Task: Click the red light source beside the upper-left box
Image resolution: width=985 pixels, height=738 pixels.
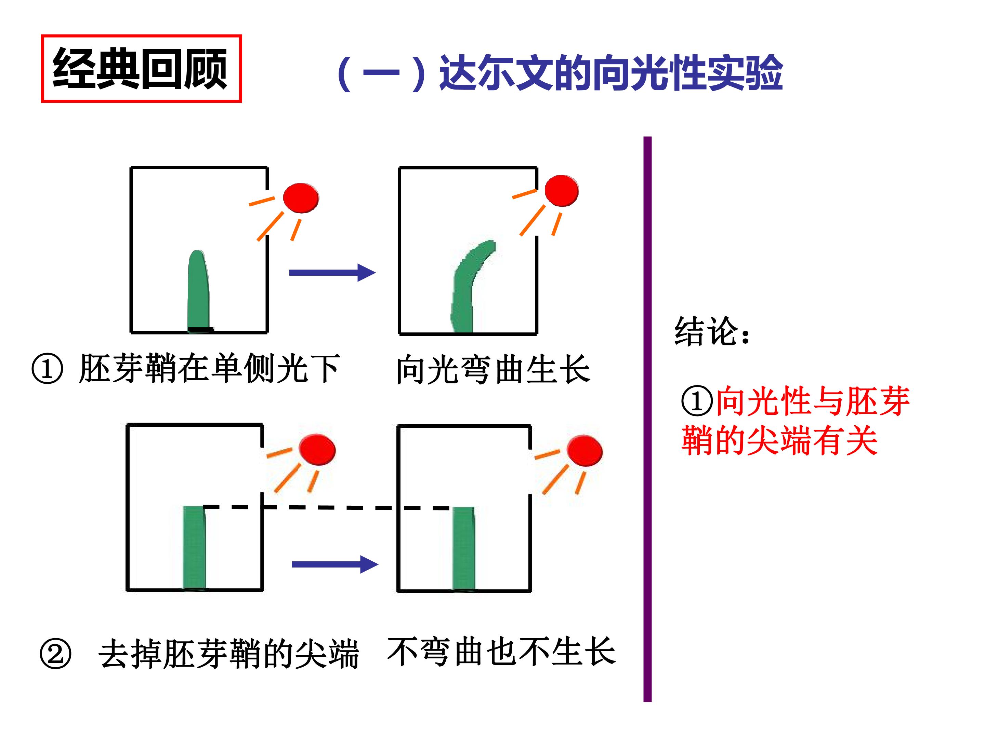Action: pyautogui.click(x=301, y=198)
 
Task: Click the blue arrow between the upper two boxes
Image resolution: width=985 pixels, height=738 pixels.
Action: pyautogui.click(x=332, y=273)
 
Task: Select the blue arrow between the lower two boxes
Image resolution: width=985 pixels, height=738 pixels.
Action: pyautogui.click(x=335, y=564)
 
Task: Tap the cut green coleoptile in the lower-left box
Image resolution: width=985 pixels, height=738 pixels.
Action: pyautogui.click(x=195, y=548)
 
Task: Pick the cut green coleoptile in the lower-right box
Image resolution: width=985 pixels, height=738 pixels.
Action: pyautogui.click(x=463, y=549)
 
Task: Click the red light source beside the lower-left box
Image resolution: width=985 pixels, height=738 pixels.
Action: pyautogui.click(x=317, y=449)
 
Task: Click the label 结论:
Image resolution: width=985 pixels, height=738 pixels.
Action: pyautogui.click(x=712, y=331)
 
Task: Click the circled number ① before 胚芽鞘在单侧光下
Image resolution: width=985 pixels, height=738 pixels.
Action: pyautogui.click(x=47, y=369)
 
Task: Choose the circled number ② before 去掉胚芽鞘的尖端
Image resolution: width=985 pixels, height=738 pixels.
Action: pyautogui.click(x=55, y=654)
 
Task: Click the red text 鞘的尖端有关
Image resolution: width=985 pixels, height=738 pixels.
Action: pyautogui.click(x=779, y=440)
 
